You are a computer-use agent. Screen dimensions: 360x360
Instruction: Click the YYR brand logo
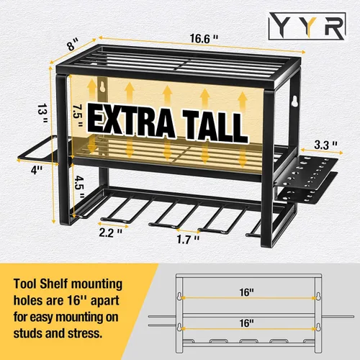pyautogui.click(x=307, y=26)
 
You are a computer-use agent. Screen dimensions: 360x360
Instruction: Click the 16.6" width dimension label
pyautogui.click(x=204, y=39)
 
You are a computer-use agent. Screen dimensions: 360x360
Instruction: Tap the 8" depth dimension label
pyautogui.click(x=73, y=45)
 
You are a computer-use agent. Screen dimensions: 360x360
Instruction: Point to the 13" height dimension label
pyautogui.click(x=42, y=113)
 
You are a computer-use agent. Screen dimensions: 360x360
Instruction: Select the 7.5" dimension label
pyautogui.click(x=78, y=116)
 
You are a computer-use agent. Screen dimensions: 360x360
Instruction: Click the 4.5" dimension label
pyautogui.click(x=79, y=186)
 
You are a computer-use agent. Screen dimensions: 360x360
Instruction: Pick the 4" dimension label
pyautogui.click(x=37, y=170)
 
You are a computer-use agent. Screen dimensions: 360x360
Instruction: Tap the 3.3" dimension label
pyautogui.click(x=325, y=145)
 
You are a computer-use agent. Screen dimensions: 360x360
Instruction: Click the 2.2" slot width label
pyautogui.click(x=111, y=233)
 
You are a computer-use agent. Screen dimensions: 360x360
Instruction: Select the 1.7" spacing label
pyautogui.click(x=188, y=239)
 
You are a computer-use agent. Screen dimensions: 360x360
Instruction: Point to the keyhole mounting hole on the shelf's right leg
pyautogui.click(x=294, y=101)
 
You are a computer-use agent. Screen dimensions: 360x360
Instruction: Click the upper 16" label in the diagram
pyautogui.click(x=246, y=292)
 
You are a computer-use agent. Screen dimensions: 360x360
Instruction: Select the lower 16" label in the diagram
pyautogui.click(x=246, y=323)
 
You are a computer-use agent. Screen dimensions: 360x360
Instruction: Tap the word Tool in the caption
pyautogui.click(x=25, y=284)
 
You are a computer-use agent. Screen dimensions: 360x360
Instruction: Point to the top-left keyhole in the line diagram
pyautogui.click(x=179, y=296)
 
